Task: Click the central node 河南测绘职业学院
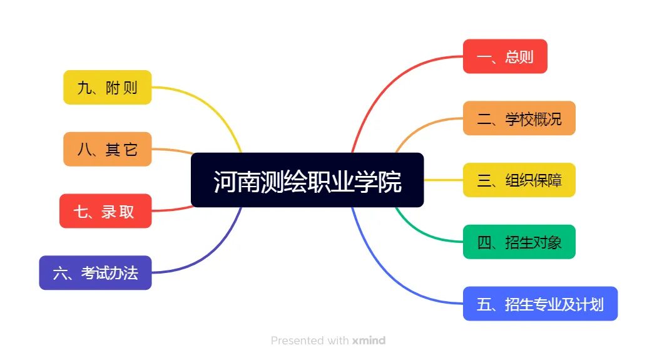pos(307,180)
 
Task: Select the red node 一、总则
pos(505,56)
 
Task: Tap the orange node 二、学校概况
pos(519,118)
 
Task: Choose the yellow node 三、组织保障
pos(519,180)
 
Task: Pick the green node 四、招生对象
pos(519,242)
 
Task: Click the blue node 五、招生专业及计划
pos(540,304)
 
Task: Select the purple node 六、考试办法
pos(95,273)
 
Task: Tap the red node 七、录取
pos(105,211)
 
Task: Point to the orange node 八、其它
pos(107,149)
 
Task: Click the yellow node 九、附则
pos(107,87)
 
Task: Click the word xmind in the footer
pos(369,341)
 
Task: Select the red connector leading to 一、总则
pos(388,81)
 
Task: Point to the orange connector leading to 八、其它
pos(172,150)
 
